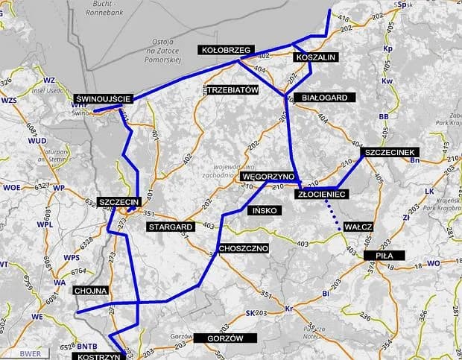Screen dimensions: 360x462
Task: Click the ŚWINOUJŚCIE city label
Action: (104, 98)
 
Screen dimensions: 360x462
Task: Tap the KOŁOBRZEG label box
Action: (224, 50)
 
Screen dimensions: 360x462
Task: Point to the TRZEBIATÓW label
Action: (231, 89)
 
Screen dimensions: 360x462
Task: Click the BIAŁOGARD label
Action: (320, 98)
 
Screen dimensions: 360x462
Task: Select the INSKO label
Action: (265, 211)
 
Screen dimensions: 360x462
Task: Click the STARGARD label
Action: (171, 226)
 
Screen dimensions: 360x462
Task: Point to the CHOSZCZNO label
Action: (244, 247)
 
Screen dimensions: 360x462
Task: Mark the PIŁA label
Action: (385, 255)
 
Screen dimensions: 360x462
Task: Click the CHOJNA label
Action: (92, 290)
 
